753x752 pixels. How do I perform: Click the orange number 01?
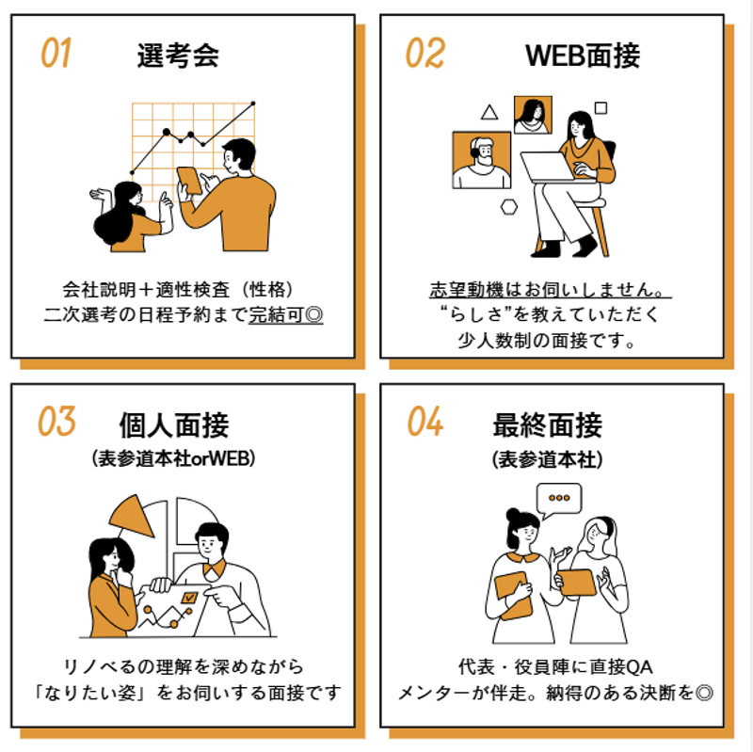56,53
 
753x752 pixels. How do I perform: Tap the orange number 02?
425,53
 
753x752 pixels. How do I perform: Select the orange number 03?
56,421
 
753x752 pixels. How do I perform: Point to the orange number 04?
425,421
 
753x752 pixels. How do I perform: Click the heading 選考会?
178,56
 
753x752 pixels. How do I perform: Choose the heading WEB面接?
583,56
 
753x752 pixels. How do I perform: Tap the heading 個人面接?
174,424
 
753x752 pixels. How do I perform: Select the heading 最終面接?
548,424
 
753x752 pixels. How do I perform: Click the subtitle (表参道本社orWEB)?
173,458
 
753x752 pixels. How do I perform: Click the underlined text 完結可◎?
286,315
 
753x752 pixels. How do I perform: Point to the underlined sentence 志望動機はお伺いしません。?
551,290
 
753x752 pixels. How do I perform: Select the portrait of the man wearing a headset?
482,160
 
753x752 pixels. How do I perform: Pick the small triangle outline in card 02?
489,112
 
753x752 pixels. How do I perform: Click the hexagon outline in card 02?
509,207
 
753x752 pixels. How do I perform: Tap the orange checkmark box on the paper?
189,598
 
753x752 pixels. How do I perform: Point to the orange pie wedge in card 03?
132,517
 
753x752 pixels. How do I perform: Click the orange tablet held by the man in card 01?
189,181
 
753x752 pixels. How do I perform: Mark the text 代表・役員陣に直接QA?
555,666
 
